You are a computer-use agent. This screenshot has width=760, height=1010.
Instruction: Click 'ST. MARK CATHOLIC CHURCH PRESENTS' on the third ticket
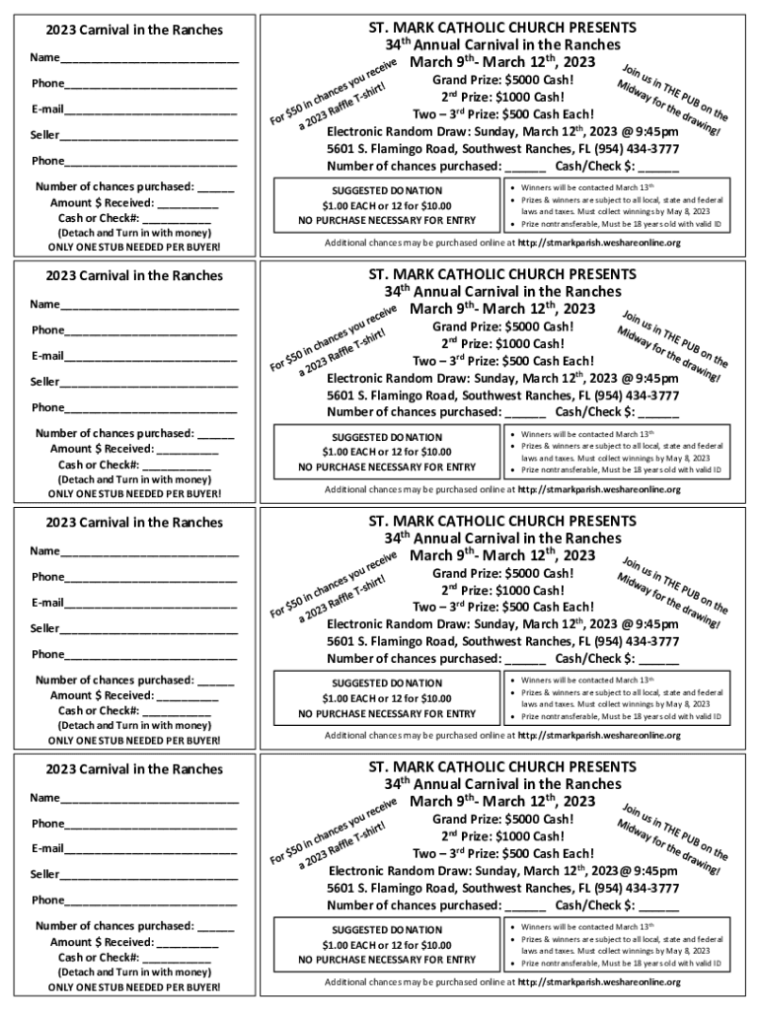pos(502,520)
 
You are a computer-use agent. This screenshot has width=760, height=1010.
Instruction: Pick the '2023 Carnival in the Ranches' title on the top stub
pos(134,31)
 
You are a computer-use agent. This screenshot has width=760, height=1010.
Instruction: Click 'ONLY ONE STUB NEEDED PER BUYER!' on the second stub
pos(134,493)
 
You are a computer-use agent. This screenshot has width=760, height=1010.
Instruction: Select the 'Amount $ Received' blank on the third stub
pos(188,696)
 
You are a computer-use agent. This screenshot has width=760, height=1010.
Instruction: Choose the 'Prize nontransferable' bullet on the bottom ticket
pos(621,964)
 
